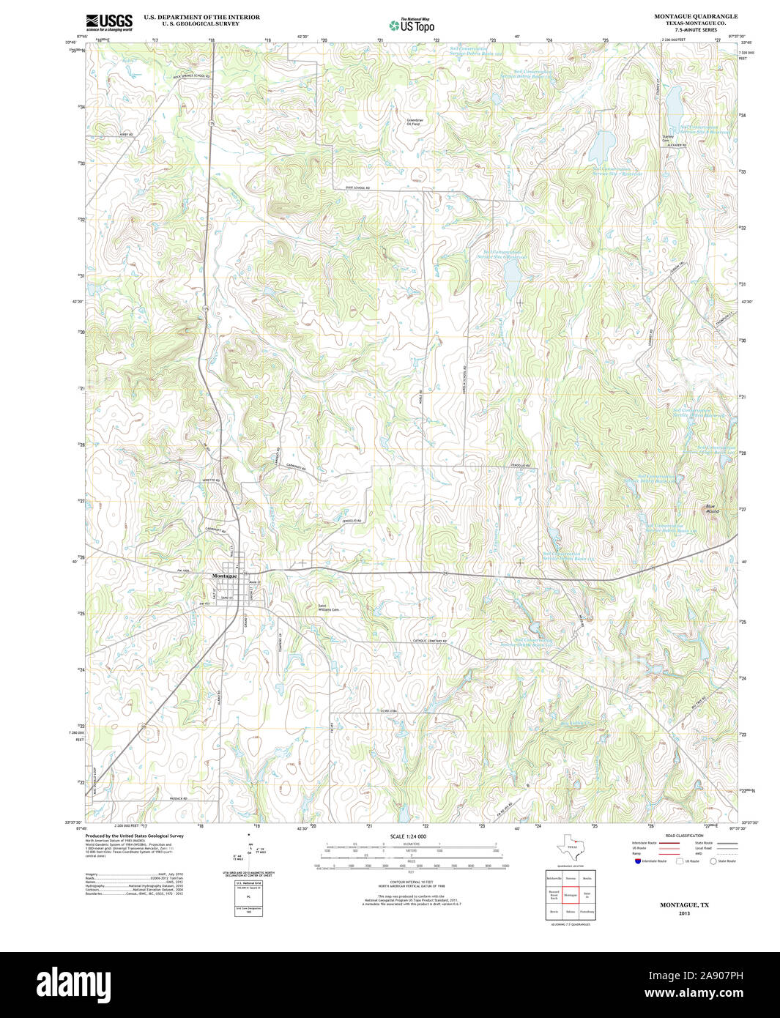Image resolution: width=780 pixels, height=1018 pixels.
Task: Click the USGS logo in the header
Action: pos(109,22)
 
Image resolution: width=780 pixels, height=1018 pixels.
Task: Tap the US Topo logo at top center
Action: pos(412,25)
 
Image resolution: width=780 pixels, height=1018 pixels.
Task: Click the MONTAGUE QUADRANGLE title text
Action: pos(686,16)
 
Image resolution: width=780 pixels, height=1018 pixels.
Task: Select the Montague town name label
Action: pos(224,576)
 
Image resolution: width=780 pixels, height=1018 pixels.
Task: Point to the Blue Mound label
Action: pos(711,508)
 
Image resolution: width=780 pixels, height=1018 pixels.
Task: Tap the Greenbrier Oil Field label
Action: pos(415,122)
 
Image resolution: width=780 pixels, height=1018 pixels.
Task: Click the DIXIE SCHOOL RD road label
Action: pos(358,188)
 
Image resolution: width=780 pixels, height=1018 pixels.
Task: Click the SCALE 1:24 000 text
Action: pos(408,836)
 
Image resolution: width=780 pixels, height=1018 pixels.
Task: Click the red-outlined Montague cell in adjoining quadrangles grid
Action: pos(571,895)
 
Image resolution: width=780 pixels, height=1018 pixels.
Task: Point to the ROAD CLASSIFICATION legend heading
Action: pos(684,836)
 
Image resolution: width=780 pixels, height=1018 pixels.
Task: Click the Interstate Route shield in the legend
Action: pos(637,861)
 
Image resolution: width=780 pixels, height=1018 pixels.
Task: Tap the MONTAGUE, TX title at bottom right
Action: pos(684,905)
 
